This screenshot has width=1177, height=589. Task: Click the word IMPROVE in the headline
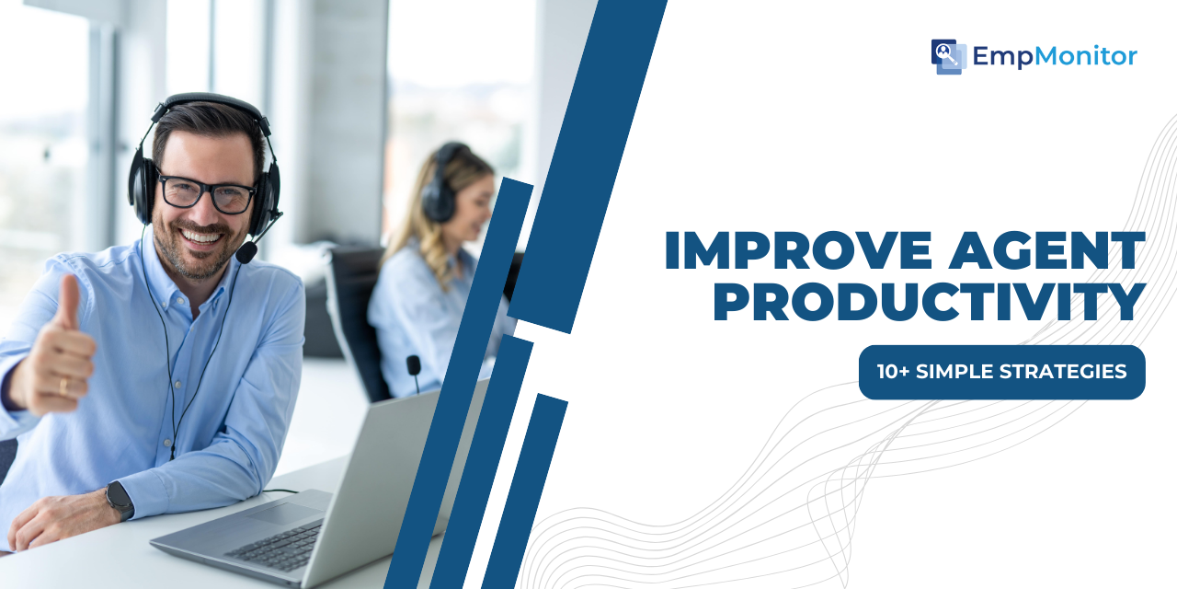coord(798,250)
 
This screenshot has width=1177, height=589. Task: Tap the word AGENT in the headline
coord(1046,250)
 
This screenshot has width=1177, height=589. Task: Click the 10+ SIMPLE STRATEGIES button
coord(1002,372)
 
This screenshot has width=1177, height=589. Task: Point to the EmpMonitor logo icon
coord(948,56)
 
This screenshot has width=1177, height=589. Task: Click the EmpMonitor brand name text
coord(1055,56)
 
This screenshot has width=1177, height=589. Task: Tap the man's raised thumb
coord(68,303)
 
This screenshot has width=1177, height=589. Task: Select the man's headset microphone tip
coord(246,252)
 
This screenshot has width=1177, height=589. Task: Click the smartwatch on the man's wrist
coord(120,500)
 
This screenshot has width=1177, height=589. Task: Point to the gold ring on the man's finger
coord(63,387)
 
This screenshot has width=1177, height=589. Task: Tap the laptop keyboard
coord(277,548)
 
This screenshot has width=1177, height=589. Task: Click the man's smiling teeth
coord(201,237)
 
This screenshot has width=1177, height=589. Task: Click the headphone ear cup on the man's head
coord(142,192)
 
